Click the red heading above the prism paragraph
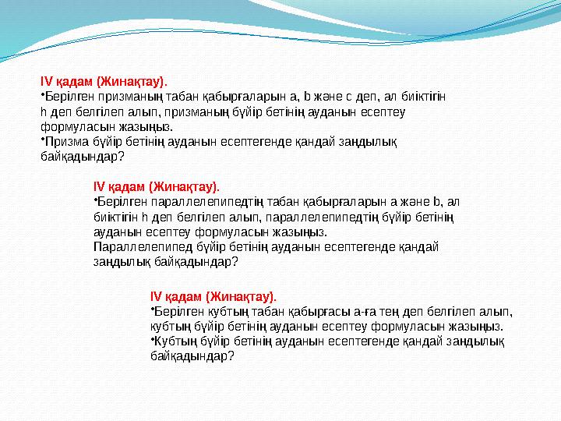pyautogui.click(x=104, y=80)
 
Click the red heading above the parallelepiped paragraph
pyautogui.click(x=156, y=186)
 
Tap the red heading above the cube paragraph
pyautogui.click(x=212, y=296)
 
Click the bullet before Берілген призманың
pyautogui.click(x=42, y=96)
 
